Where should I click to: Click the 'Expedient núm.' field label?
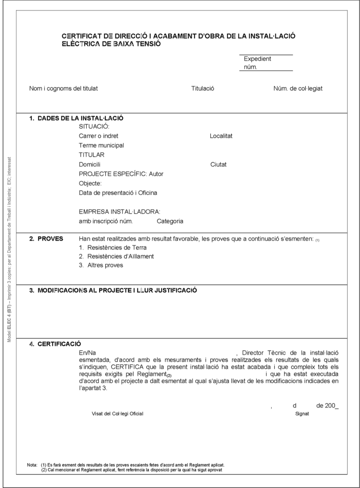click(x=257, y=63)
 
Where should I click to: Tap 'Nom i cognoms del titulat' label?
click(x=64, y=88)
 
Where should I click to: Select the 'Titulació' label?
click(x=203, y=88)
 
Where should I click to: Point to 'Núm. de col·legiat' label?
click(x=298, y=88)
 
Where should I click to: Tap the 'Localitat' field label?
click(x=221, y=136)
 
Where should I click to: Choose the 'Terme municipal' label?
click(x=102, y=145)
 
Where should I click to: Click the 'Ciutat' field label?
click(x=218, y=164)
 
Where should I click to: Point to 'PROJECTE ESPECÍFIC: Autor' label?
click(x=121, y=174)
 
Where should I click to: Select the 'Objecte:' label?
click(x=90, y=183)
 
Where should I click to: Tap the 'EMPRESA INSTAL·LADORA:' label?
click(x=120, y=212)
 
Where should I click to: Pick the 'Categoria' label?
click(x=170, y=221)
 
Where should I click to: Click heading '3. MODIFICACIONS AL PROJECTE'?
click(x=117, y=290)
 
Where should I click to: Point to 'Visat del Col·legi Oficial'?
click(x=117, y=414)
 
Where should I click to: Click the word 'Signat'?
click(x=302, y=414)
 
